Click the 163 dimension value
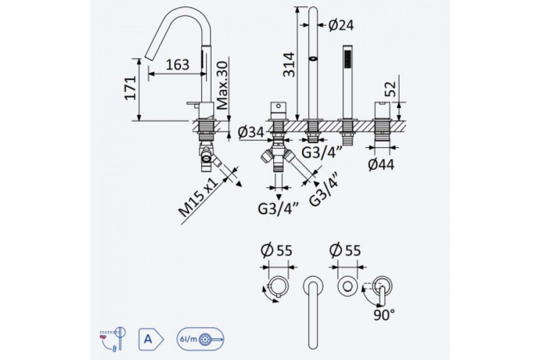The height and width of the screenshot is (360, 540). (178, 65)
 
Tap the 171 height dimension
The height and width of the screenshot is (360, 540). (130, 88)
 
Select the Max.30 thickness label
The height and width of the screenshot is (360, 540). (222, 85)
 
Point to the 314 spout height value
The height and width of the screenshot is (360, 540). (289, 65)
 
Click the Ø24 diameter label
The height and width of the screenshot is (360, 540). (341, 25)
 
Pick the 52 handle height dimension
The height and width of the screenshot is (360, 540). (390, 89)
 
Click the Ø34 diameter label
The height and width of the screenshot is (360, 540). (251, 132)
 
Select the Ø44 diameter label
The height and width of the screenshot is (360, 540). (381, 165)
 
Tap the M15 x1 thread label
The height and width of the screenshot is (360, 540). (198, 197)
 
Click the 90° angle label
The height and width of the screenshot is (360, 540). (384, 315)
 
